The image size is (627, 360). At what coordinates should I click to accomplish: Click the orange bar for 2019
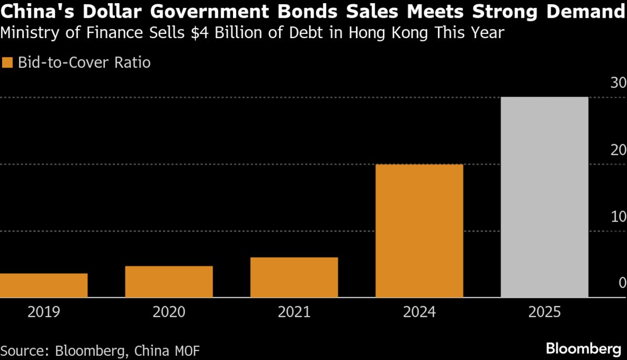point(44,285)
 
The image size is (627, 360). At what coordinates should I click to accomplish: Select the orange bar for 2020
point(169,282)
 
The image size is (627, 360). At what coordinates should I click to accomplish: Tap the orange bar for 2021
point(294,277)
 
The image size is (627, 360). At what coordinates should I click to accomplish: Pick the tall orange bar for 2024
point(419,231)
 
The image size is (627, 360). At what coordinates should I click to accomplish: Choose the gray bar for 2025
point(544,197)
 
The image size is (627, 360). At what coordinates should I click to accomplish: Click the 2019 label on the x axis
point(44,312)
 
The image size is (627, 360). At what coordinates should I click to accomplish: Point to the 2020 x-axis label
point(169,312)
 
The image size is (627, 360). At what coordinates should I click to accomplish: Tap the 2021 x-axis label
point(294,312)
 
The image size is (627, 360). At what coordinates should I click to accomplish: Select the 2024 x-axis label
point(419,312)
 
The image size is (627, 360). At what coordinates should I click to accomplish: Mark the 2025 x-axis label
point(544,312)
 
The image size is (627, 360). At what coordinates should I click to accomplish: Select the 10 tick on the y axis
point(619,216)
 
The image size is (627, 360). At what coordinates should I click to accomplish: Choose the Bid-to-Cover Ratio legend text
point(84,63)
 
